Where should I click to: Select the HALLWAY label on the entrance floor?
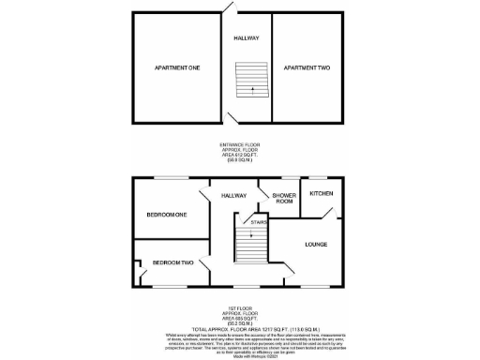click(247, 38)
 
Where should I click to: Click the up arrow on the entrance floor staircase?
click(250, 92)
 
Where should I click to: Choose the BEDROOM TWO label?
click(172, 262)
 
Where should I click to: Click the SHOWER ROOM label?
click(284, 198)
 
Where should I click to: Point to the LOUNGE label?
click(316, 244)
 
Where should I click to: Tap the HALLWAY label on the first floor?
click(233, 196)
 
